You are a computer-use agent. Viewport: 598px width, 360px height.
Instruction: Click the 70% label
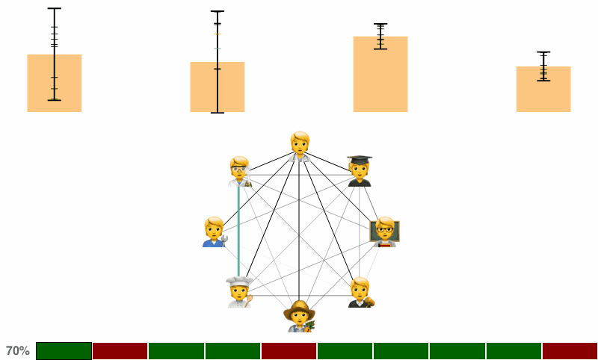point(17,351)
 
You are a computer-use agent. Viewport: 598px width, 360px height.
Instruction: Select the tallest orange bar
point(380,74)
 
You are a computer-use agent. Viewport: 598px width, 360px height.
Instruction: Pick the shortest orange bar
point(543,89)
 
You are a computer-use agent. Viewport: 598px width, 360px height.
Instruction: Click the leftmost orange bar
point(54,83)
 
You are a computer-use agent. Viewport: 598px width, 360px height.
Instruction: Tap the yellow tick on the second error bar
point(218,34)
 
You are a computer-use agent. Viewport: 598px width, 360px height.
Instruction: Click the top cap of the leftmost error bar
point(54,8)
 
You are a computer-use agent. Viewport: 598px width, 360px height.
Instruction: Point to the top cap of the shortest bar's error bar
point(543,52)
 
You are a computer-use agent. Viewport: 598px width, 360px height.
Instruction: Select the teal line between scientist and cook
point(238,232)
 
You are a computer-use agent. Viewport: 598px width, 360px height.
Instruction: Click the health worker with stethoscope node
point(300,147)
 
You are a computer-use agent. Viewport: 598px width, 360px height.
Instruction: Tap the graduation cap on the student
point(360,159)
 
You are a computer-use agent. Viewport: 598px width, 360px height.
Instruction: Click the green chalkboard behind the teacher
point(385,231)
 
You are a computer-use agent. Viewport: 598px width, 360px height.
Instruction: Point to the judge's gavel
point(369,302)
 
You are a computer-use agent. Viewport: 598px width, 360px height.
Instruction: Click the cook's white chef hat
point(239,282)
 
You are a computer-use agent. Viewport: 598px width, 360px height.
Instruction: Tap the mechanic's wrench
point(224,240)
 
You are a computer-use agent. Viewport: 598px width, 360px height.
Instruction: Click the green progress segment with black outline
point(64,351)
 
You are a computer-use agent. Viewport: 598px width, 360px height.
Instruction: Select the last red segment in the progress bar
point(570,351)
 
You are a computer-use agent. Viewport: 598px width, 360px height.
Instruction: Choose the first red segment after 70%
point(120,351)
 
